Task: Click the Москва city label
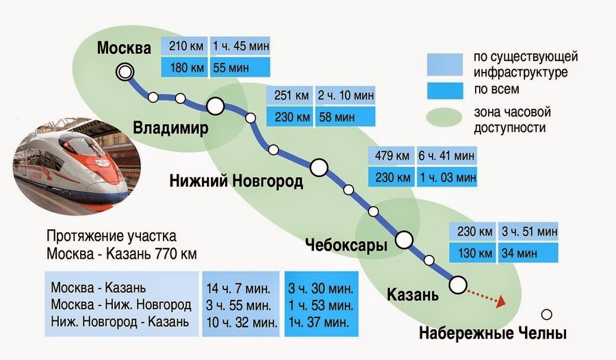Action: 123,49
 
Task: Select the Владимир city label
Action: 170,129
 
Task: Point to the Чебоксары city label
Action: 346,245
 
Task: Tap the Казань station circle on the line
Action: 457,283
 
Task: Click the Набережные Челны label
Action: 493,335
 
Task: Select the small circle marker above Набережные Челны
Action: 546,315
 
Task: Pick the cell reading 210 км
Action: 184,47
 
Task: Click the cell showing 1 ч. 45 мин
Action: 240,47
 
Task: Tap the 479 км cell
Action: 390,155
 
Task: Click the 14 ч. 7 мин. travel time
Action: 238,286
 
